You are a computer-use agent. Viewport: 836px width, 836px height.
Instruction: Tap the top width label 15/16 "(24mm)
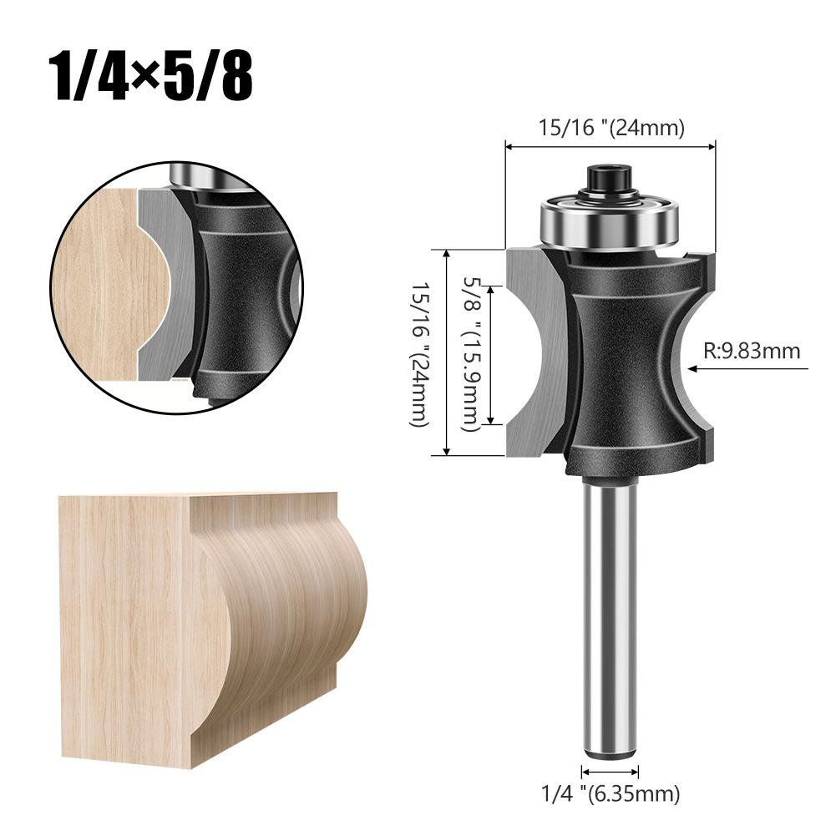click(611, 128)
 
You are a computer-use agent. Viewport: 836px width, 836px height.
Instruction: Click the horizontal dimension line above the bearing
click(611, 147)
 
